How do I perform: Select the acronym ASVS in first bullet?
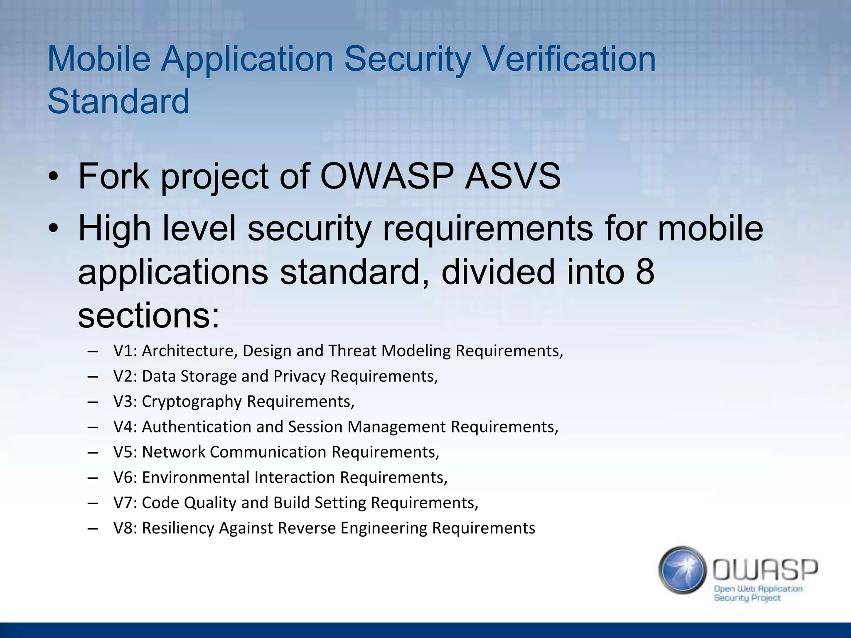point(512,176)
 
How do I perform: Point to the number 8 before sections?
point(644,272)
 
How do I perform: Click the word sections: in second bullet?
point(148,316)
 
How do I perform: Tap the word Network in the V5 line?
point(173,452)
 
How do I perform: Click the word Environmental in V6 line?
point(195,478)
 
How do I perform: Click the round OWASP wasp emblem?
point(682,570)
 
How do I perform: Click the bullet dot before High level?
point(53,229)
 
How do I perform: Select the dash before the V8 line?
point(93,528)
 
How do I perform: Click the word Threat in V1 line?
point(352,351)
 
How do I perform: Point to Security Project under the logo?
point(747,598)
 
